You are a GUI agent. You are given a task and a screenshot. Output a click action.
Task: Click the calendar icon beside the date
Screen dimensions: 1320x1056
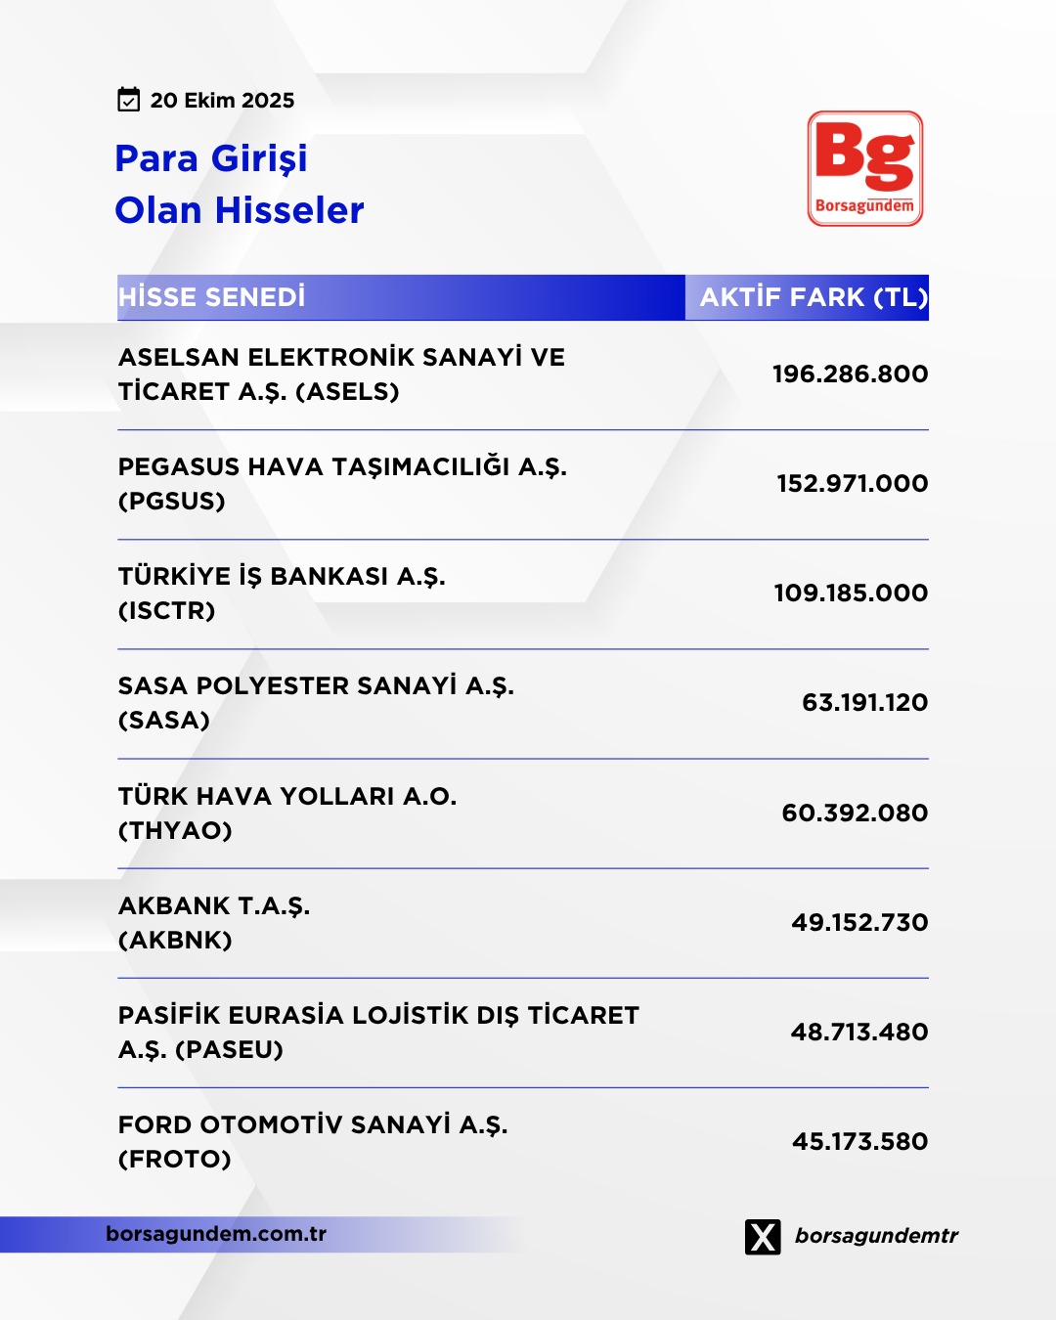128,100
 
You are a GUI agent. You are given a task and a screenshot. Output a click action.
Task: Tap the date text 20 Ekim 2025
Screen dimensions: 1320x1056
222,101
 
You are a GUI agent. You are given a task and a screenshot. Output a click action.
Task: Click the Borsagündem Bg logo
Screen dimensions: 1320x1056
865,168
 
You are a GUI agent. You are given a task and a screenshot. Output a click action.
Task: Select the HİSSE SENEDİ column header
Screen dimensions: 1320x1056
212,297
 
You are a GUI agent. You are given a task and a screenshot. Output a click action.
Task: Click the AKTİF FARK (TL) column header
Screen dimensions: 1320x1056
813,297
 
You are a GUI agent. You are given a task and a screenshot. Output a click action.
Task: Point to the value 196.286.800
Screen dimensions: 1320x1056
850,374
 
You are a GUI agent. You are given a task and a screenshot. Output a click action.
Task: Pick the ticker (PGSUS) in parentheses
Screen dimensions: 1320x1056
172,502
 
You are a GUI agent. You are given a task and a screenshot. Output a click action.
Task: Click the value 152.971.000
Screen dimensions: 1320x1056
852,483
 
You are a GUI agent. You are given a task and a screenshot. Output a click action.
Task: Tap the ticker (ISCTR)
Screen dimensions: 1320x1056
167,611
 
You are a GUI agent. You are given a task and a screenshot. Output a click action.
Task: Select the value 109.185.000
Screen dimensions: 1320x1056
851,593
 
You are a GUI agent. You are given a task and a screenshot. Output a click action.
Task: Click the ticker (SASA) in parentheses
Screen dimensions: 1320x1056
164,721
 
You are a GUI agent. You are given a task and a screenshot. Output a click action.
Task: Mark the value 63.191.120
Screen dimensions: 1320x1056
864,702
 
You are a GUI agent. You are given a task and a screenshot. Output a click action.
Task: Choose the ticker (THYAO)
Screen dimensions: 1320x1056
176,831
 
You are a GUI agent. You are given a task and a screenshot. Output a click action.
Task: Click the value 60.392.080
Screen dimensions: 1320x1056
855,813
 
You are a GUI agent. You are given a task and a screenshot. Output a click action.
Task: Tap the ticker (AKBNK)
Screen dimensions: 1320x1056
176,941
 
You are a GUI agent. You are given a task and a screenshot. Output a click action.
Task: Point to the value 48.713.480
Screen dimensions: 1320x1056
859,1032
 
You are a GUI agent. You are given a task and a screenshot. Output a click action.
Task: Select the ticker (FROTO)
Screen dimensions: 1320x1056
175,1160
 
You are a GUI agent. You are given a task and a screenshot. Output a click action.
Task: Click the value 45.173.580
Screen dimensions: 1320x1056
859,1141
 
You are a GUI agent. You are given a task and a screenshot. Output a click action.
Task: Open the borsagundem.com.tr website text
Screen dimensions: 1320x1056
216,1234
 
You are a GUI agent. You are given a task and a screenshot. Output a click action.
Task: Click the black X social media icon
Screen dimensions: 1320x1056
763,1237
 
